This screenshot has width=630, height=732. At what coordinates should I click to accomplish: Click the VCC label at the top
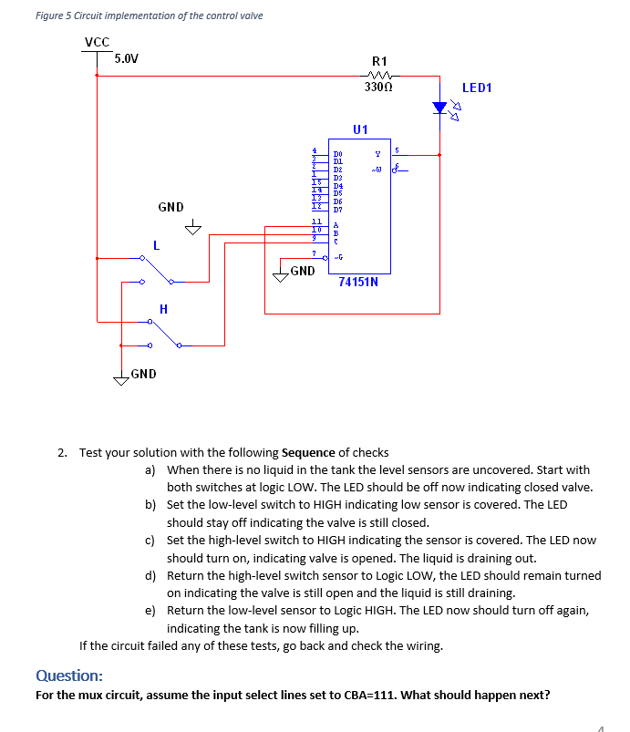tap(97, 41)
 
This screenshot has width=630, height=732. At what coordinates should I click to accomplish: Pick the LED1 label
tap(477, 88)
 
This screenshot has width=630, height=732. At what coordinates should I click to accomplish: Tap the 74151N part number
tap(358, 282)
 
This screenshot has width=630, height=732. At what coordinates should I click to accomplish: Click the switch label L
tap(156, 245)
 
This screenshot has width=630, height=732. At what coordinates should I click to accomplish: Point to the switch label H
tap(163, 309)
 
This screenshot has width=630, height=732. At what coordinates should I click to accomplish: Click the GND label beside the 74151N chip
tap(303, 271)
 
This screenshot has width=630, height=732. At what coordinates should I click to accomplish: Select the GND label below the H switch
tap(143, 374)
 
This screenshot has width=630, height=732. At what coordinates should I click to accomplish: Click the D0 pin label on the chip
tap(337, 155)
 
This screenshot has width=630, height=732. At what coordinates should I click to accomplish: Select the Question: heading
tap(68, 675)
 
